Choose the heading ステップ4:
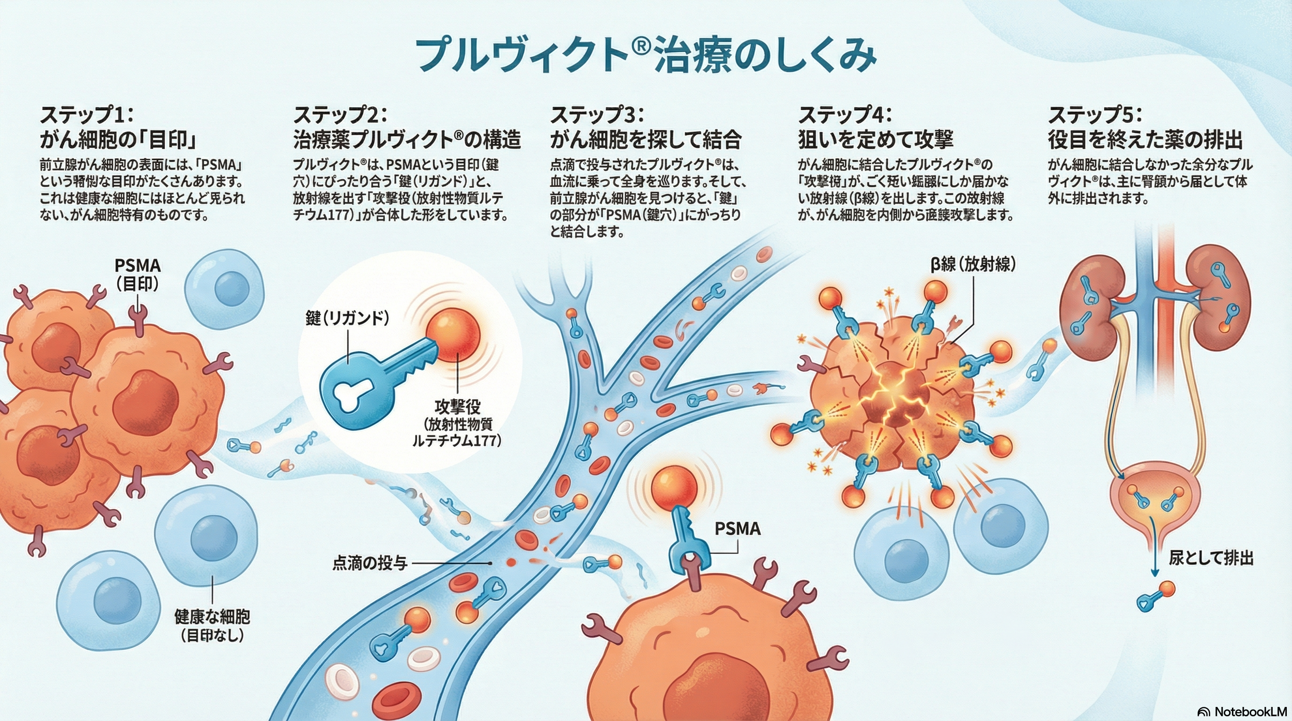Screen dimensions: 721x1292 click(845, 116)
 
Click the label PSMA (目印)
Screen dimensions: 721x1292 click(138, 274)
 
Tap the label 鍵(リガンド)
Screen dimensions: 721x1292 click(347, 318)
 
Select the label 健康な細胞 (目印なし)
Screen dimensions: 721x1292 click(212, 626)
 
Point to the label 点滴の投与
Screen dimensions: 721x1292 click(369, 563)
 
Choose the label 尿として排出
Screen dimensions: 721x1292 click(1211, 558)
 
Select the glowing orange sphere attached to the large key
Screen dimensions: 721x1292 click(453, 335)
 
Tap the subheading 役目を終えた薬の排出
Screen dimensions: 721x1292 click(1145, 140)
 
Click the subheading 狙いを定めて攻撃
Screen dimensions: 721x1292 click(876, 140)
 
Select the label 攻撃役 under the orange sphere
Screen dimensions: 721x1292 click(457, 406)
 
